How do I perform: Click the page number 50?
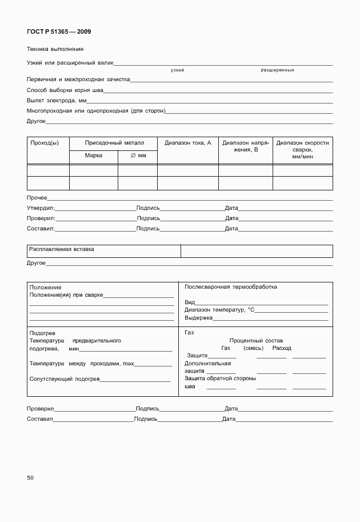coord(30,477)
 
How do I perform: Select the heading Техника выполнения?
coord(55,49)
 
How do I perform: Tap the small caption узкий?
coord(177,70)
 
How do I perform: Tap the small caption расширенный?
coord(277,70)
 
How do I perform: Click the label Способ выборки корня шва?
coord(65,90)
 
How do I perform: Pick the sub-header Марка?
coord(93,156)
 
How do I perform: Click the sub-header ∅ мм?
coord(138,156)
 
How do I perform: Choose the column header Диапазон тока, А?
coord(187,143)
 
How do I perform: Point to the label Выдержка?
coord(198,317)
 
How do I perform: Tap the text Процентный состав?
coord(255,340)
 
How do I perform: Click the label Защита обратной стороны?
coord(220,378)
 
